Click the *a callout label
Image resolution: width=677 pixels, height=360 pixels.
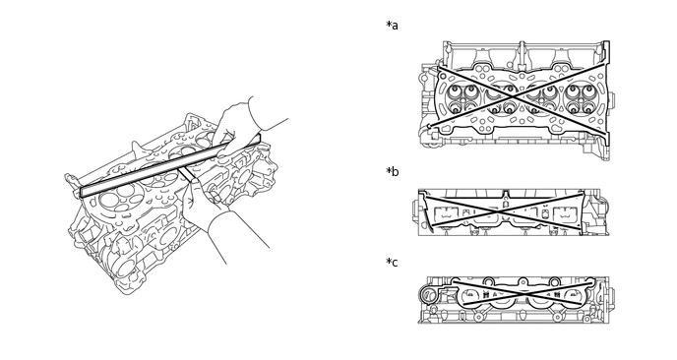point(392,26)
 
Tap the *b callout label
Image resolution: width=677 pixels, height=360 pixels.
point(392,172)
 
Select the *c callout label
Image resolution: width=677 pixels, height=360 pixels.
point(392,262)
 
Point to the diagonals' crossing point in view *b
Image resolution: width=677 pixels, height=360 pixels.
point(504,210)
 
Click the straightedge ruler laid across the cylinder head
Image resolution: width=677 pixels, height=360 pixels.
point(170,165)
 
